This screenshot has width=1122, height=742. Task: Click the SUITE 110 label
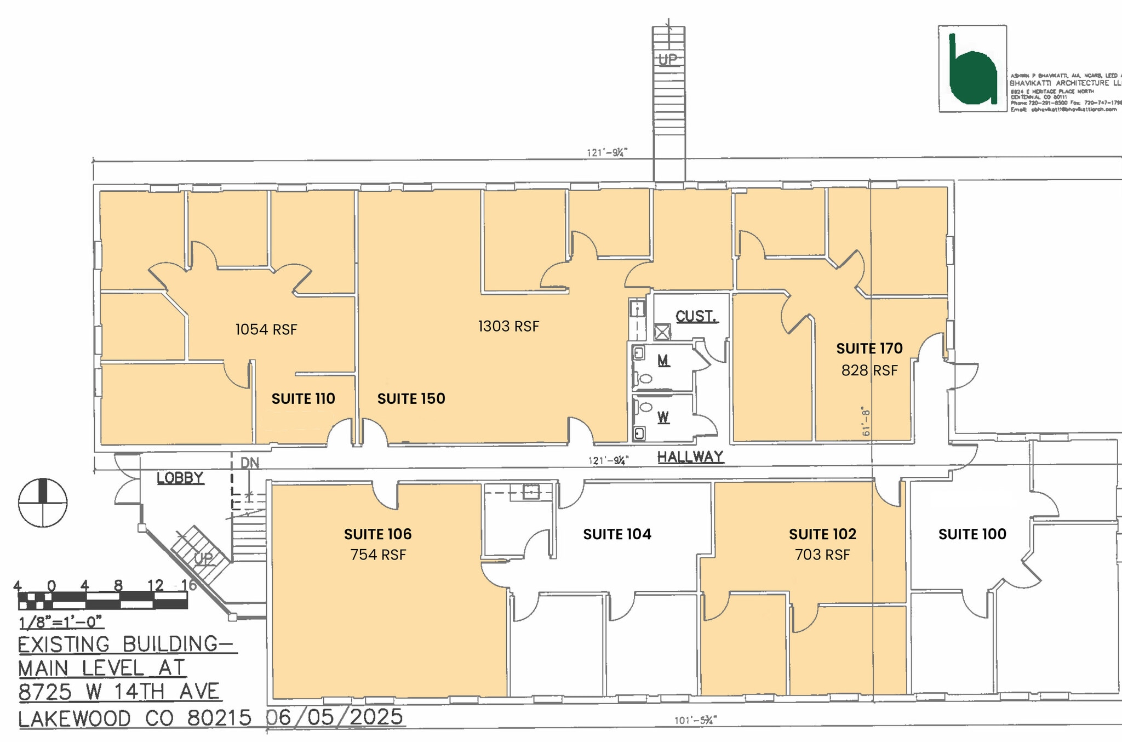[x=303, y=398]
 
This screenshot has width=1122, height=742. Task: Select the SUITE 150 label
[x=411, y=398]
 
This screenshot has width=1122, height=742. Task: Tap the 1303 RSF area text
[x=508, y=327]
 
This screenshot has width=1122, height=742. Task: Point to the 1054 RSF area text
[x=266, y=329]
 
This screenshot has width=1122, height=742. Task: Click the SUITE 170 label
[x=869, y=349]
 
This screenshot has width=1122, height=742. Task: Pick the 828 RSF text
[x=869, y=371]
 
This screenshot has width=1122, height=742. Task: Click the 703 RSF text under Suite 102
[x=822, y=555]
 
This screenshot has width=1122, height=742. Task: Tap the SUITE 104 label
[x=617, y=534]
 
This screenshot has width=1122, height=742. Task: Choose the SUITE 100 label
[x=972, y=534]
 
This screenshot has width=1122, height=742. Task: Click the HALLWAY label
[x=690, y=456]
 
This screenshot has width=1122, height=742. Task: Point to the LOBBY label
[x=180, y=478]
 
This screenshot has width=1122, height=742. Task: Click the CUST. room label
[x=696, y=316]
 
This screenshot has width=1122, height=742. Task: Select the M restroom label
[x=663, y=361]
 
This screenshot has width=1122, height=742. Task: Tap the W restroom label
[x=663, y=418]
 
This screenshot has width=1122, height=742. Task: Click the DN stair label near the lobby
[x=250, y=463]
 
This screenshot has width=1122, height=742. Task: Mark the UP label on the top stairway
[x=668, y=59]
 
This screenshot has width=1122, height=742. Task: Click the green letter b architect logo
[x=972, y=70]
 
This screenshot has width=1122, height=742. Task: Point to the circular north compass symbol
[x=43, y=503]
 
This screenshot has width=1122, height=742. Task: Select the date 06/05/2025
[x=335, y=717]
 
